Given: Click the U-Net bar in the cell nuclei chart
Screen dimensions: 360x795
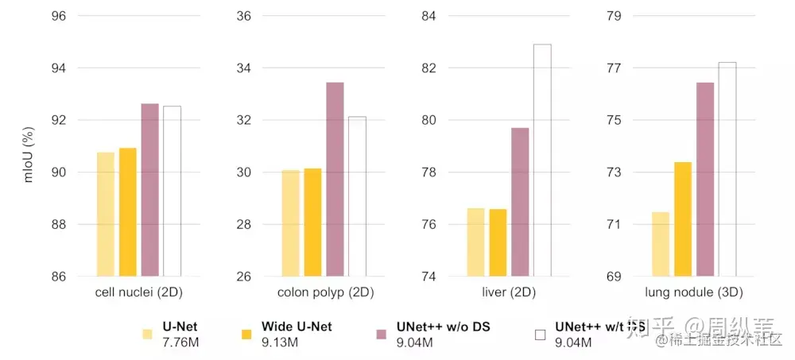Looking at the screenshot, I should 106,214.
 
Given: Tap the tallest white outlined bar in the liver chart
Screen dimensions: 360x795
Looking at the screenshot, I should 542,160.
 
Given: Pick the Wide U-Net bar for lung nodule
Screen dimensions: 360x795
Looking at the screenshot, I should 683,219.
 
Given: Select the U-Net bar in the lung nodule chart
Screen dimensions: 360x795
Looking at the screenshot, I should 661,244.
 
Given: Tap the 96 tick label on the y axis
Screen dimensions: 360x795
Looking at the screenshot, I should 59,16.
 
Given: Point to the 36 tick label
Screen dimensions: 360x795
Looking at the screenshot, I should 243,16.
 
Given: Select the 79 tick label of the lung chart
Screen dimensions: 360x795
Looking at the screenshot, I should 613,16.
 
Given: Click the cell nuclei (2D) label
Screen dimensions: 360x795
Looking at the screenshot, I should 139,292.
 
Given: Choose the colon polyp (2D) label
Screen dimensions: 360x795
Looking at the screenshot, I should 325,292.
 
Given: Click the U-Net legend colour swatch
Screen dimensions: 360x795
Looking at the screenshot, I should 148,335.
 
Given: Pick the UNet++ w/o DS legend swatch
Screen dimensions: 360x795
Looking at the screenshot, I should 381,335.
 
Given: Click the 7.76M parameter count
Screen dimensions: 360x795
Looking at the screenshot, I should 180,343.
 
